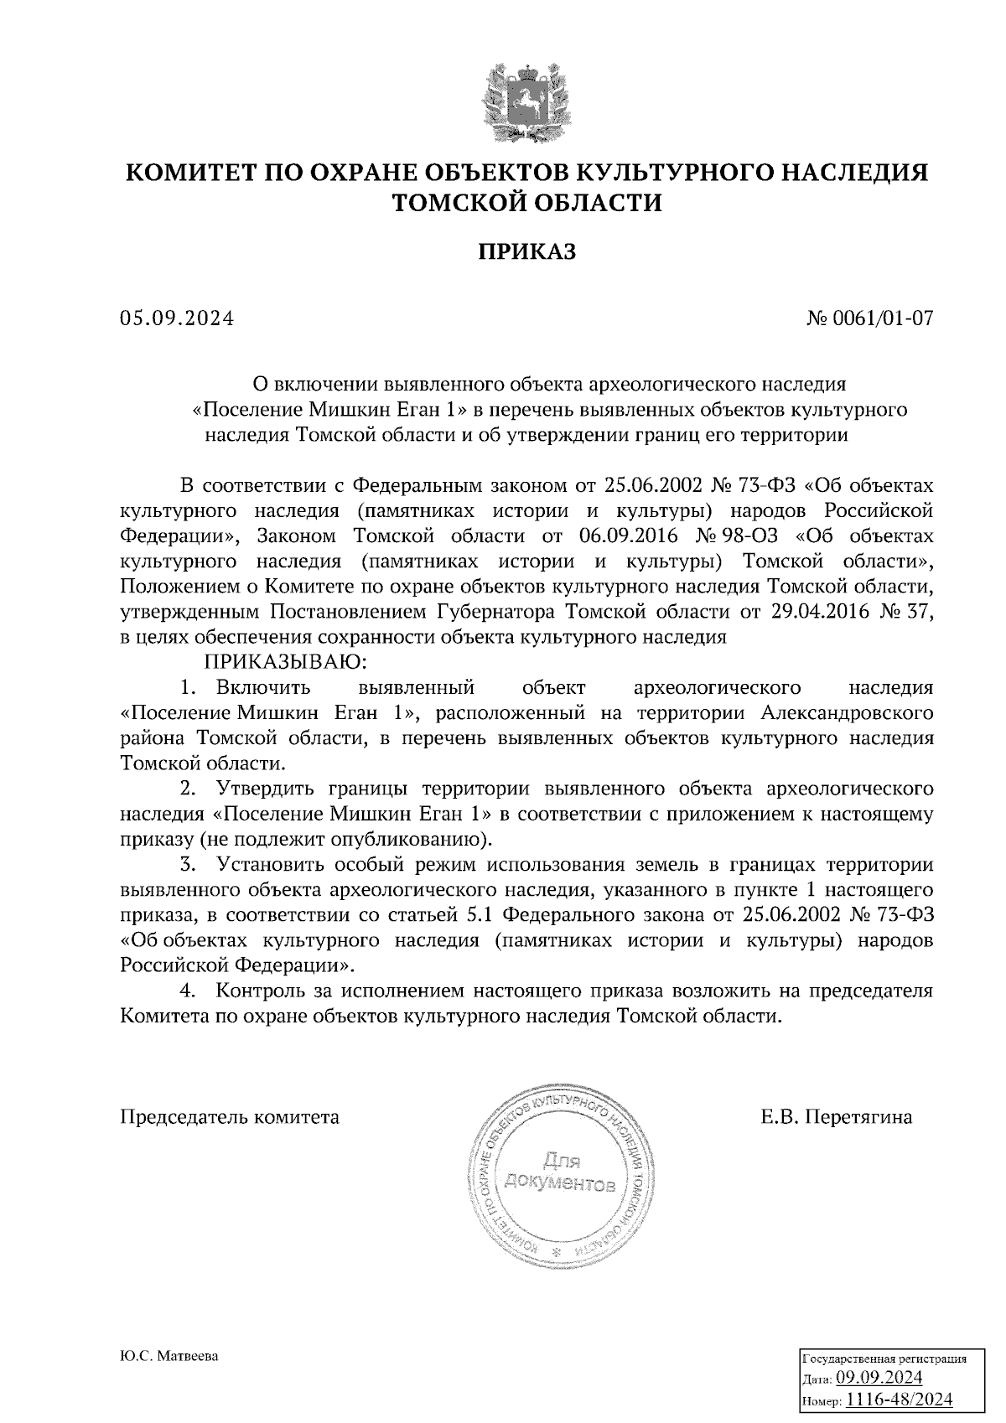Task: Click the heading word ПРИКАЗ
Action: pos(527,252)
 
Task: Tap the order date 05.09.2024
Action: pos(177,318)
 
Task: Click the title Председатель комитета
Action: pos(231,1117)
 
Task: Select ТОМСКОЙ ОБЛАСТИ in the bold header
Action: pos(527,202)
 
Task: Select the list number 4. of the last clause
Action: pos(189,991)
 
